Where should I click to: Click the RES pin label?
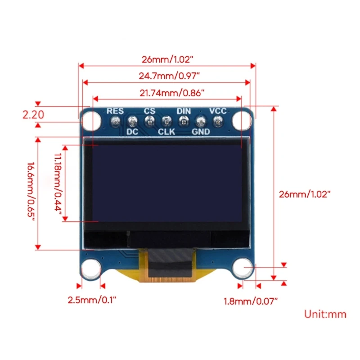click(x=115, y=111)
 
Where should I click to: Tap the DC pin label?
click(x=132, y=132)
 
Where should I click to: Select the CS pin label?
click(x=149, y=111)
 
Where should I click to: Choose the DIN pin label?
click(x=183, y=111)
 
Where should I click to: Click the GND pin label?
click(x=201, y=132)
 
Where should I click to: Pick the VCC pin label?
click(x=218, y=111)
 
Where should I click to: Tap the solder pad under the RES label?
click(x=115, y=121)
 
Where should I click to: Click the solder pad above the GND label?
click(x=201, y=121)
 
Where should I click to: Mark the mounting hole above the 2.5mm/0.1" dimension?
click(x=91, y=269)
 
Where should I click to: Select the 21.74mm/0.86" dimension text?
click(x=167, y=93)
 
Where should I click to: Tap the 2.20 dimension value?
click(x=33, y=115)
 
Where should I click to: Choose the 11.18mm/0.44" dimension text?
click(x=57, y=184)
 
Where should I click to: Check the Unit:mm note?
click(x=325, y=314)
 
